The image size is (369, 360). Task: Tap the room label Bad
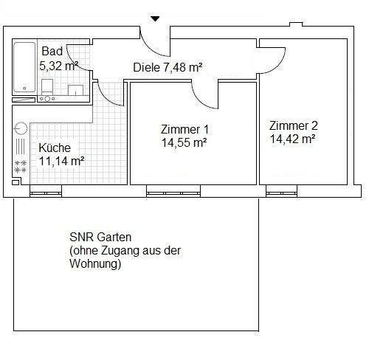52,51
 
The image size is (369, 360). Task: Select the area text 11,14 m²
61,160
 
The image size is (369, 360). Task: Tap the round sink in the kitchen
20,127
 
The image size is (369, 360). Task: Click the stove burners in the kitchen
20,166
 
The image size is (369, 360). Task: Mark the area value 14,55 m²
184,142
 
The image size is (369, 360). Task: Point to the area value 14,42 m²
293,138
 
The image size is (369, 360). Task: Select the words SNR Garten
100,238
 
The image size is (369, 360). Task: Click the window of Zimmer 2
285,193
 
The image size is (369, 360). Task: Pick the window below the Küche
46,193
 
